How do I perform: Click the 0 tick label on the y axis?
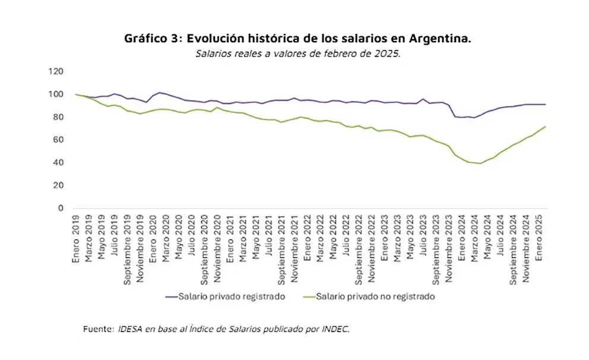pos(60,208)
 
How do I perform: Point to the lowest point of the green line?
pos(480,163)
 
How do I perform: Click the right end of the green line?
pos(545,126)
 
